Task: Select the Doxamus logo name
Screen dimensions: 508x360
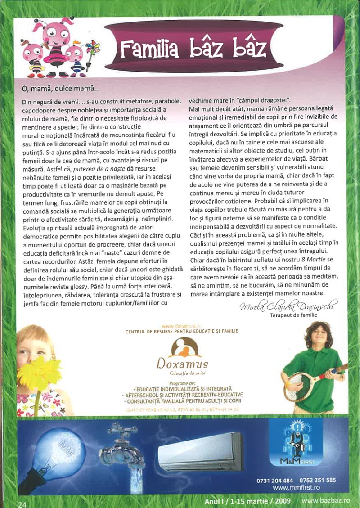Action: click(183, 363)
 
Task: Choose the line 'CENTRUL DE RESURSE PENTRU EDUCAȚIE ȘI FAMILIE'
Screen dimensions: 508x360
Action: click(182, 331)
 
